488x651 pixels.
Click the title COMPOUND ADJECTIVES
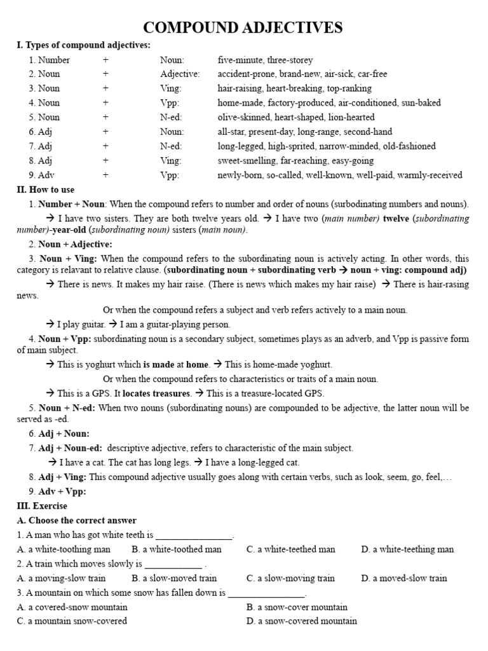[243, 27]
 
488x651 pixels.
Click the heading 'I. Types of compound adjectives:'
[83, 45]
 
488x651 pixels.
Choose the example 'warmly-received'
[430, 175]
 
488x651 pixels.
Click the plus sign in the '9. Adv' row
[105, 175]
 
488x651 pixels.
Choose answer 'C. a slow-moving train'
[290, 578]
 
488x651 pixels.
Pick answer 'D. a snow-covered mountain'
[301, 621]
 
